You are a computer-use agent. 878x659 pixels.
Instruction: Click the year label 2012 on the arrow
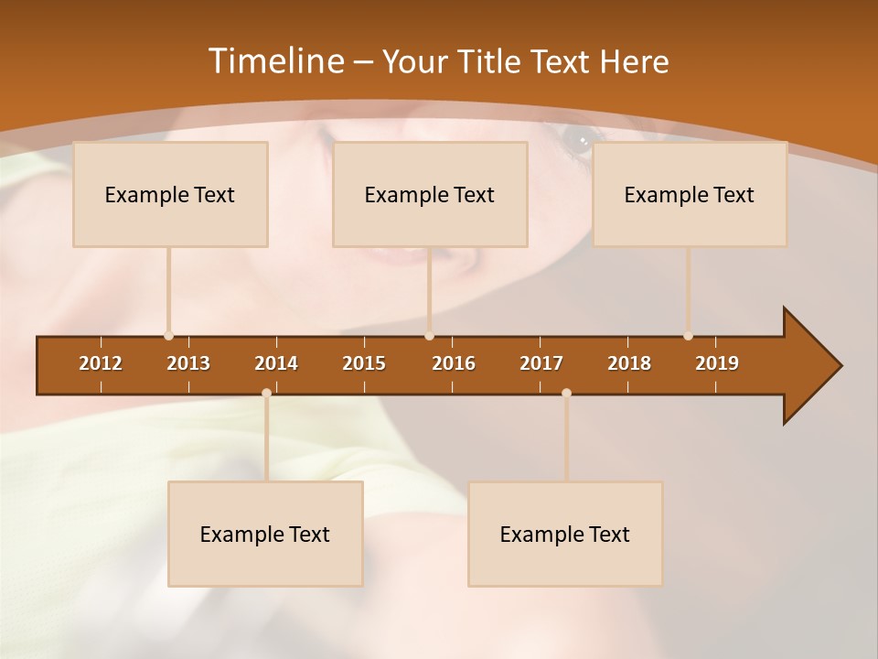(x=101, y=363)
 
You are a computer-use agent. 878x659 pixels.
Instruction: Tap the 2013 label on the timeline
(x=188, y=363)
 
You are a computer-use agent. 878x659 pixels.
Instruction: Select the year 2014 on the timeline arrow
(x=276, y=363)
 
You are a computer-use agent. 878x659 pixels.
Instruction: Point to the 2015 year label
(x=364, y=363)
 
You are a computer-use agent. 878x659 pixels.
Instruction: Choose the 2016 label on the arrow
(x=454, y=363)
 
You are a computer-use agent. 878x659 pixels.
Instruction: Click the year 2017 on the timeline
(x=541, y=363)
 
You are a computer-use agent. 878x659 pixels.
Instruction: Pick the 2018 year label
(x=629, y=363)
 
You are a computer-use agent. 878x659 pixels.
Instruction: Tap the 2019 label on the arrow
(x=717, y=363)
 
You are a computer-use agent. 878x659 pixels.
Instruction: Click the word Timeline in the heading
(x=274, y=61)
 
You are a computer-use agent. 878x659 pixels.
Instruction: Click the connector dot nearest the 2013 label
(x=168, y=336)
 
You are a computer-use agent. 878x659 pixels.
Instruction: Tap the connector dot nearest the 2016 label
(x=429, y=336)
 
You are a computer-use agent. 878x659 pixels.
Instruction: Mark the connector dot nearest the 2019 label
(x=688, y=336)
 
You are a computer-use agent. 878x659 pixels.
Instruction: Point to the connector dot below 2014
(x=266, y=394)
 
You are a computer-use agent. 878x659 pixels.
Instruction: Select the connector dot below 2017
(x=566, y=394)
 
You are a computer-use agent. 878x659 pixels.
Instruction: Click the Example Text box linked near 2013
(x=170, y=194)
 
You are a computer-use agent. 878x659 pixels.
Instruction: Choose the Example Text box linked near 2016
(x=430, y=194)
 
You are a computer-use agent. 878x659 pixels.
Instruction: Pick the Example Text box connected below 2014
(x=265, y=534)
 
